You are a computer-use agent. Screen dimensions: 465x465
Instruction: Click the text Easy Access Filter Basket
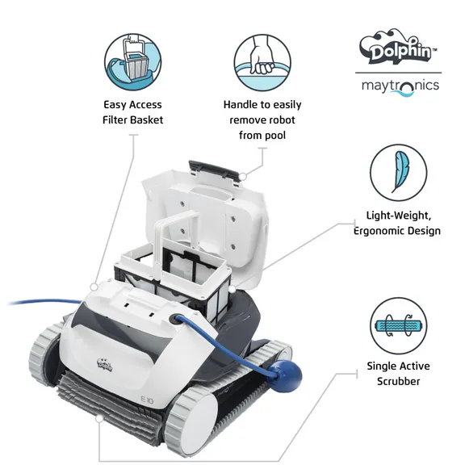(x=132, y=112)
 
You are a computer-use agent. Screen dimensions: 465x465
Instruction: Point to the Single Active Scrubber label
(x=398, y=373)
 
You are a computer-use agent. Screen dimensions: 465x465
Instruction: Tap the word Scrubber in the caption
(x=398, y=381)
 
